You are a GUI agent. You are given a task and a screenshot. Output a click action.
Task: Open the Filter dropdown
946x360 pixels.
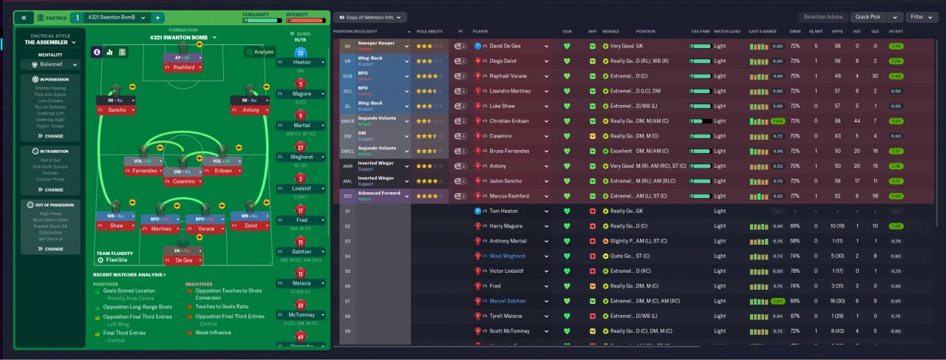coord(919,16)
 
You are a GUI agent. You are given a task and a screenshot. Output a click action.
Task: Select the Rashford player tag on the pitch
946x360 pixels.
coord(183,67)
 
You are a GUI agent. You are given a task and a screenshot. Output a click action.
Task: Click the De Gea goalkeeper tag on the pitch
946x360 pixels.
coord(183,260)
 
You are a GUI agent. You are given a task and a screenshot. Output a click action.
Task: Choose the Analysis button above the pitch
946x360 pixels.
coord(259,52)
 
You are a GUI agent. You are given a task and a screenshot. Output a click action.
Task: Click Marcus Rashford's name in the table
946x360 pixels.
coord(509,196)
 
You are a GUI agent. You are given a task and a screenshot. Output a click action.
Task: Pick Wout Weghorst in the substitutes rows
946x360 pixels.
coord(507,256)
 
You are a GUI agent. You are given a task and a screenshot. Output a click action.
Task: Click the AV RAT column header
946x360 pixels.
coord(896,32)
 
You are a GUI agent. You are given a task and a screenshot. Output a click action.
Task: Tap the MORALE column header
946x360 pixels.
coord(610,32)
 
